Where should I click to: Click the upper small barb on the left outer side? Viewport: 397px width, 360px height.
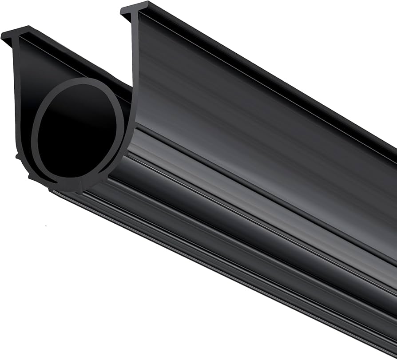click(18, 156)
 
